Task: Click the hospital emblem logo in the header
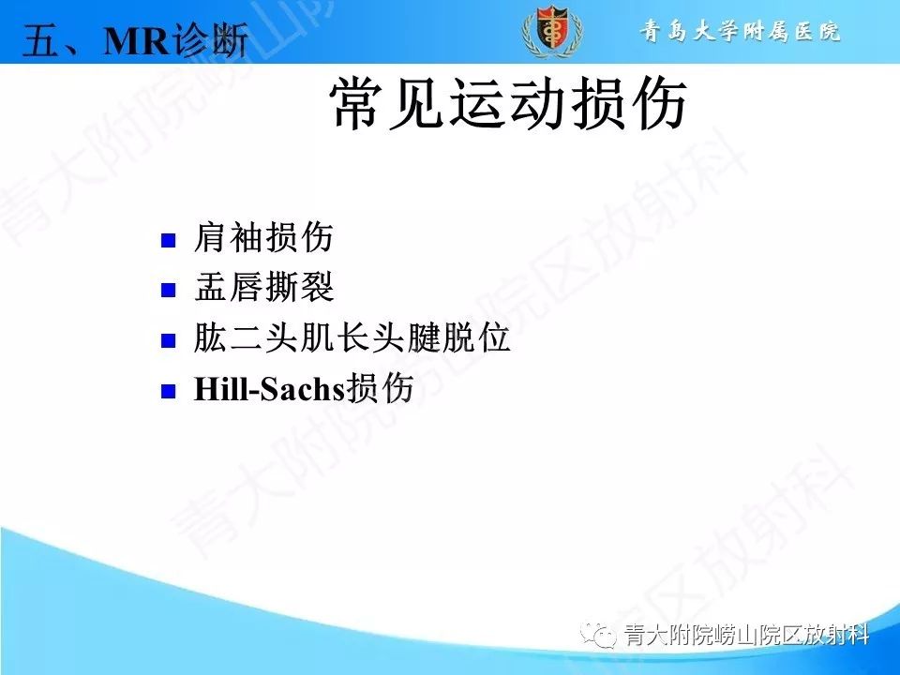pyautogui.click(x=551, y=31)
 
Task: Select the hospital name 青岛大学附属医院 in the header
pyautogui.click(x=741, y=32)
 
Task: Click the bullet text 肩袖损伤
pyautogui.click(x=263, y=239)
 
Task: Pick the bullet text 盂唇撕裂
pyautogui.click(x=263, y=289)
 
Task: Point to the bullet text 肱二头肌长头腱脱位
pyautogui.click(x=352, y=339)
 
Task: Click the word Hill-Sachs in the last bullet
pyautogui.click(x=270, y=390)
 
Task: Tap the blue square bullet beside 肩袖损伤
pyautogui.click(x=169, y=240)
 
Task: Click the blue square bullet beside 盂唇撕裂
pyautogui.click(x=169, y=290)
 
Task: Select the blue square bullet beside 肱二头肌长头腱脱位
pyautogui.click(x=169, y=340)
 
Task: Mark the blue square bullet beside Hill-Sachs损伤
pyautogui.click(x=169, y=391)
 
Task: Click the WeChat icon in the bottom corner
pyautogui.click(x=598, y=635)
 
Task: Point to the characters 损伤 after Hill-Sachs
pyautogui.click(x=381, y=389)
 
